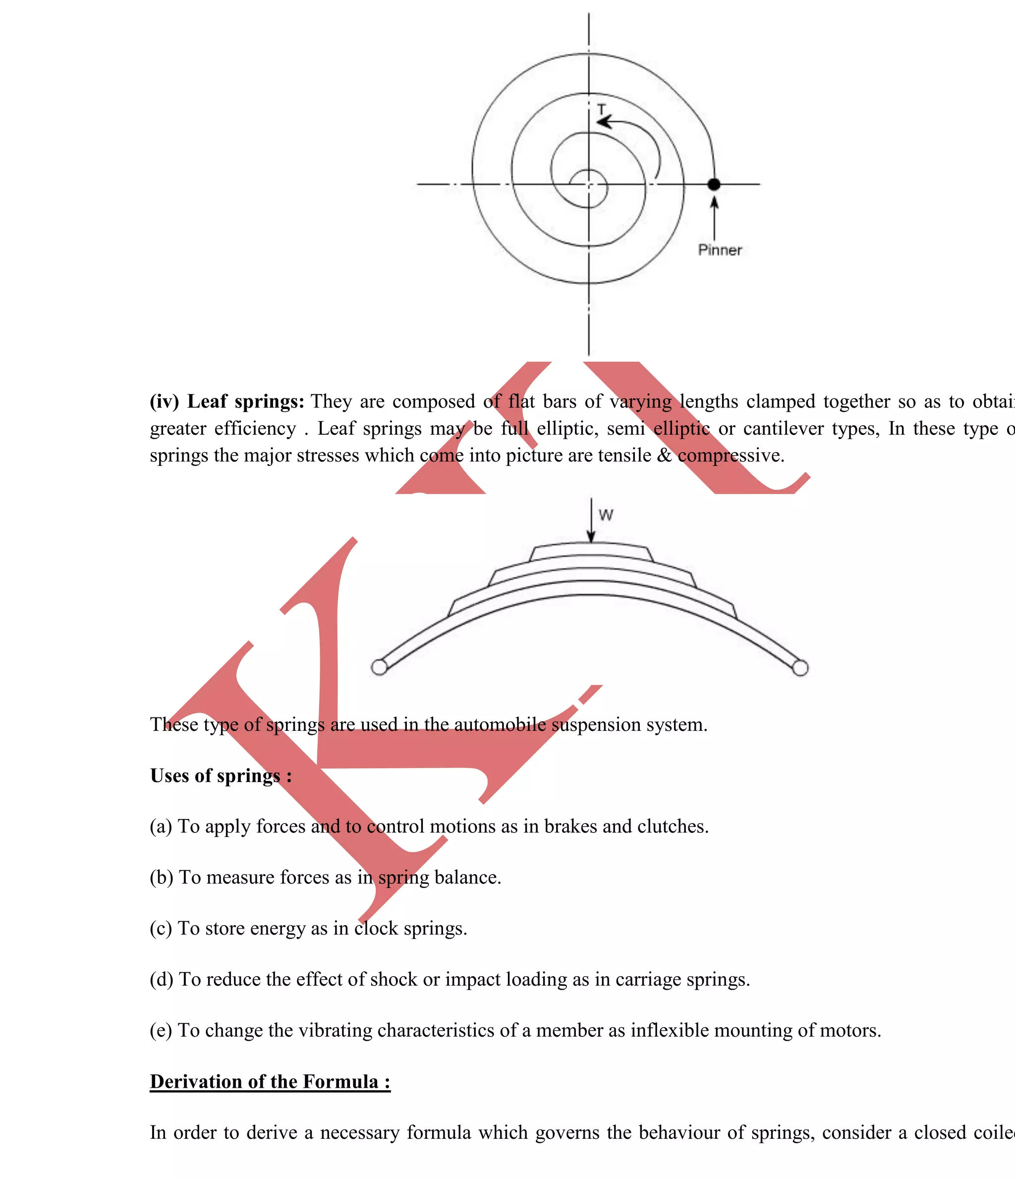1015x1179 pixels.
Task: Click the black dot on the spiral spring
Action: coord(714,184)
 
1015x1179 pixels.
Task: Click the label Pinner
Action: coord(720,250)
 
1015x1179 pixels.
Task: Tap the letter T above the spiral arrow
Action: coord(601,108)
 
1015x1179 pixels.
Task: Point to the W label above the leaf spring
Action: coord(606,516)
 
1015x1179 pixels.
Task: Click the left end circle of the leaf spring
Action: coord(379,667)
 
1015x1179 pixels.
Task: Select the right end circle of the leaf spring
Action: coord(800,668)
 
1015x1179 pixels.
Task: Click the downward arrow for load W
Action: coord(591,521)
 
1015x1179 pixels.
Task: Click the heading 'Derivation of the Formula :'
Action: coord(270,1081)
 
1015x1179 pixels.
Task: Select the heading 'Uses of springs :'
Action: coord(221,775)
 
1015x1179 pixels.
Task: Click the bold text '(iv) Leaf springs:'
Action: coord(227,402)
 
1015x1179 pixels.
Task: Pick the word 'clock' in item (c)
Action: coord(376,928)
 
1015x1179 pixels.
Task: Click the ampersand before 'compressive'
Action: coord(664,455)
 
